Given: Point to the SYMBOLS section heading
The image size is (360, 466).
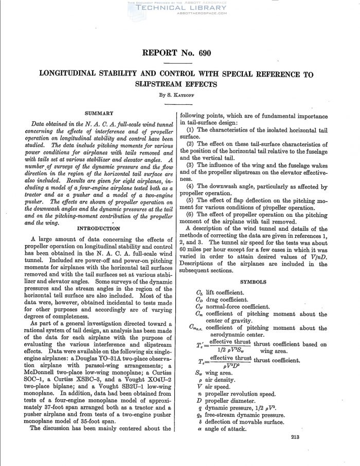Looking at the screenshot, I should (253, 282).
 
